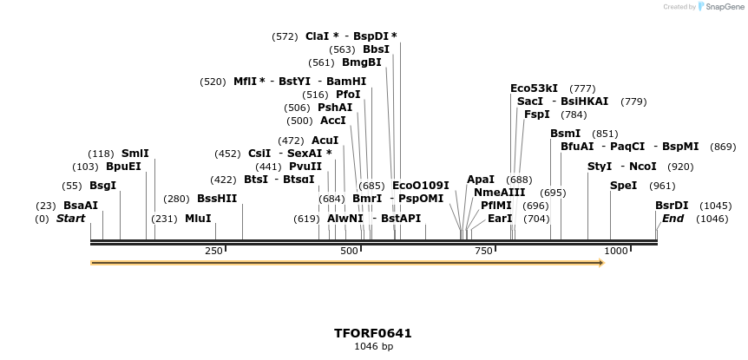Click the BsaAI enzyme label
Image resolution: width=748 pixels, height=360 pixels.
[81, 206]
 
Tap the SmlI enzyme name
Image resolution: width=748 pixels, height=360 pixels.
[135, 154]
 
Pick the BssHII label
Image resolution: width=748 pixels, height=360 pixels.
[217, 199]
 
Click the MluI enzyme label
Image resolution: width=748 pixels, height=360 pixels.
[198, 219]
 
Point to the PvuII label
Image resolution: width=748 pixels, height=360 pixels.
[305, 167]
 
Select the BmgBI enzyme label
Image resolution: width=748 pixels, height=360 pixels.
[362, 62]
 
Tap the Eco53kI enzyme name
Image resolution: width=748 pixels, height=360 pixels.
[535, 88]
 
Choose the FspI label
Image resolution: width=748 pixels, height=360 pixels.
[537, 115]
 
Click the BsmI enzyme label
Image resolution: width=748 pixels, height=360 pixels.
[566, 134]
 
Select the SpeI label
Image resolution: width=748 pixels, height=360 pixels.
[624, 186]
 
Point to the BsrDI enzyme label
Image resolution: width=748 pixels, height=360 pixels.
[672, 206]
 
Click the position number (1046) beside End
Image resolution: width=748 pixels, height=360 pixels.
[712, 219]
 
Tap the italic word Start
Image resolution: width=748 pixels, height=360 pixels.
[70, 219]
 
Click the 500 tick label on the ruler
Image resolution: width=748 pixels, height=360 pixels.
[350, 250]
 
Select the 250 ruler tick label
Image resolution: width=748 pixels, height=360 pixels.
[214, 250]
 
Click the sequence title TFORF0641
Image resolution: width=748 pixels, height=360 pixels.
[373, 333]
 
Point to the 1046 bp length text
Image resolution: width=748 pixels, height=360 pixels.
[373, 347]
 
